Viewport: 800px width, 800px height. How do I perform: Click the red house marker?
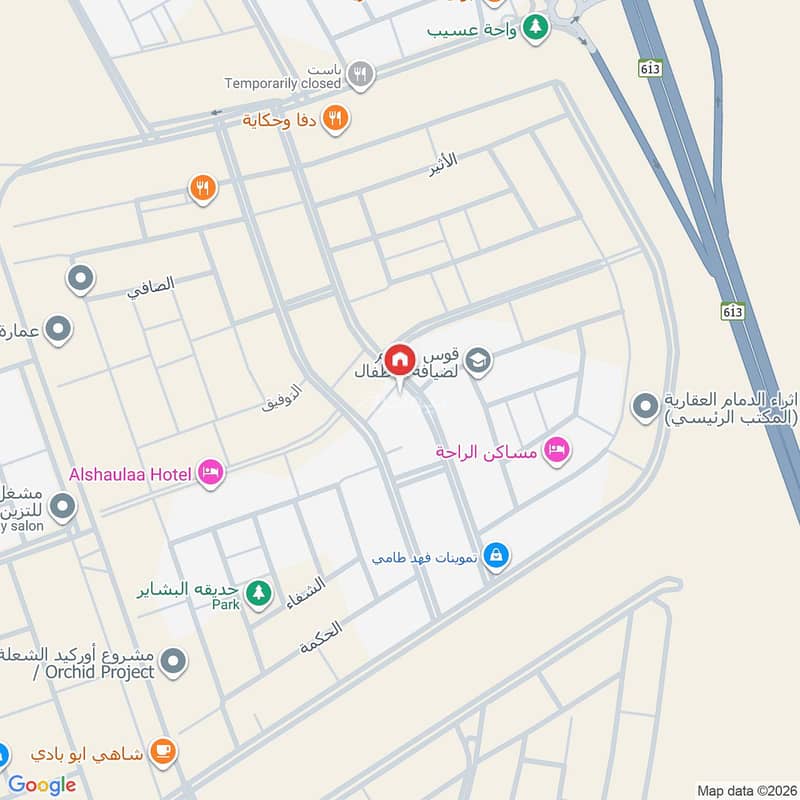400,359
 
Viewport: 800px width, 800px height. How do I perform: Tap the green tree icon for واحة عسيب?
537,28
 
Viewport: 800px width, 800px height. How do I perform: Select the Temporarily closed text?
283,84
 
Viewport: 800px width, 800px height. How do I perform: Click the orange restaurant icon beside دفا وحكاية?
336,119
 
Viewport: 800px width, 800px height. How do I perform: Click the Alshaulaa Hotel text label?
129,474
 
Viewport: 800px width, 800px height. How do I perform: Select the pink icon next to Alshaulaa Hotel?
210,473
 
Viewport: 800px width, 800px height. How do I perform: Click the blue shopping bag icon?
495,555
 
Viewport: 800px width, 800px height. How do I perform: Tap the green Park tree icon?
259,593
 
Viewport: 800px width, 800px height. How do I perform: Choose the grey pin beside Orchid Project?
174,661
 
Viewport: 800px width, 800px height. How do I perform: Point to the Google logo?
42,785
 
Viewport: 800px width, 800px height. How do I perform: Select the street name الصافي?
150,288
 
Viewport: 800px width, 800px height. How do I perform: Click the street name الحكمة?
320,638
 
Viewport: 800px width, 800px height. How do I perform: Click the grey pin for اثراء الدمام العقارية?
645,407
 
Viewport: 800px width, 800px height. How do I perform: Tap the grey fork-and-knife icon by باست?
361,73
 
